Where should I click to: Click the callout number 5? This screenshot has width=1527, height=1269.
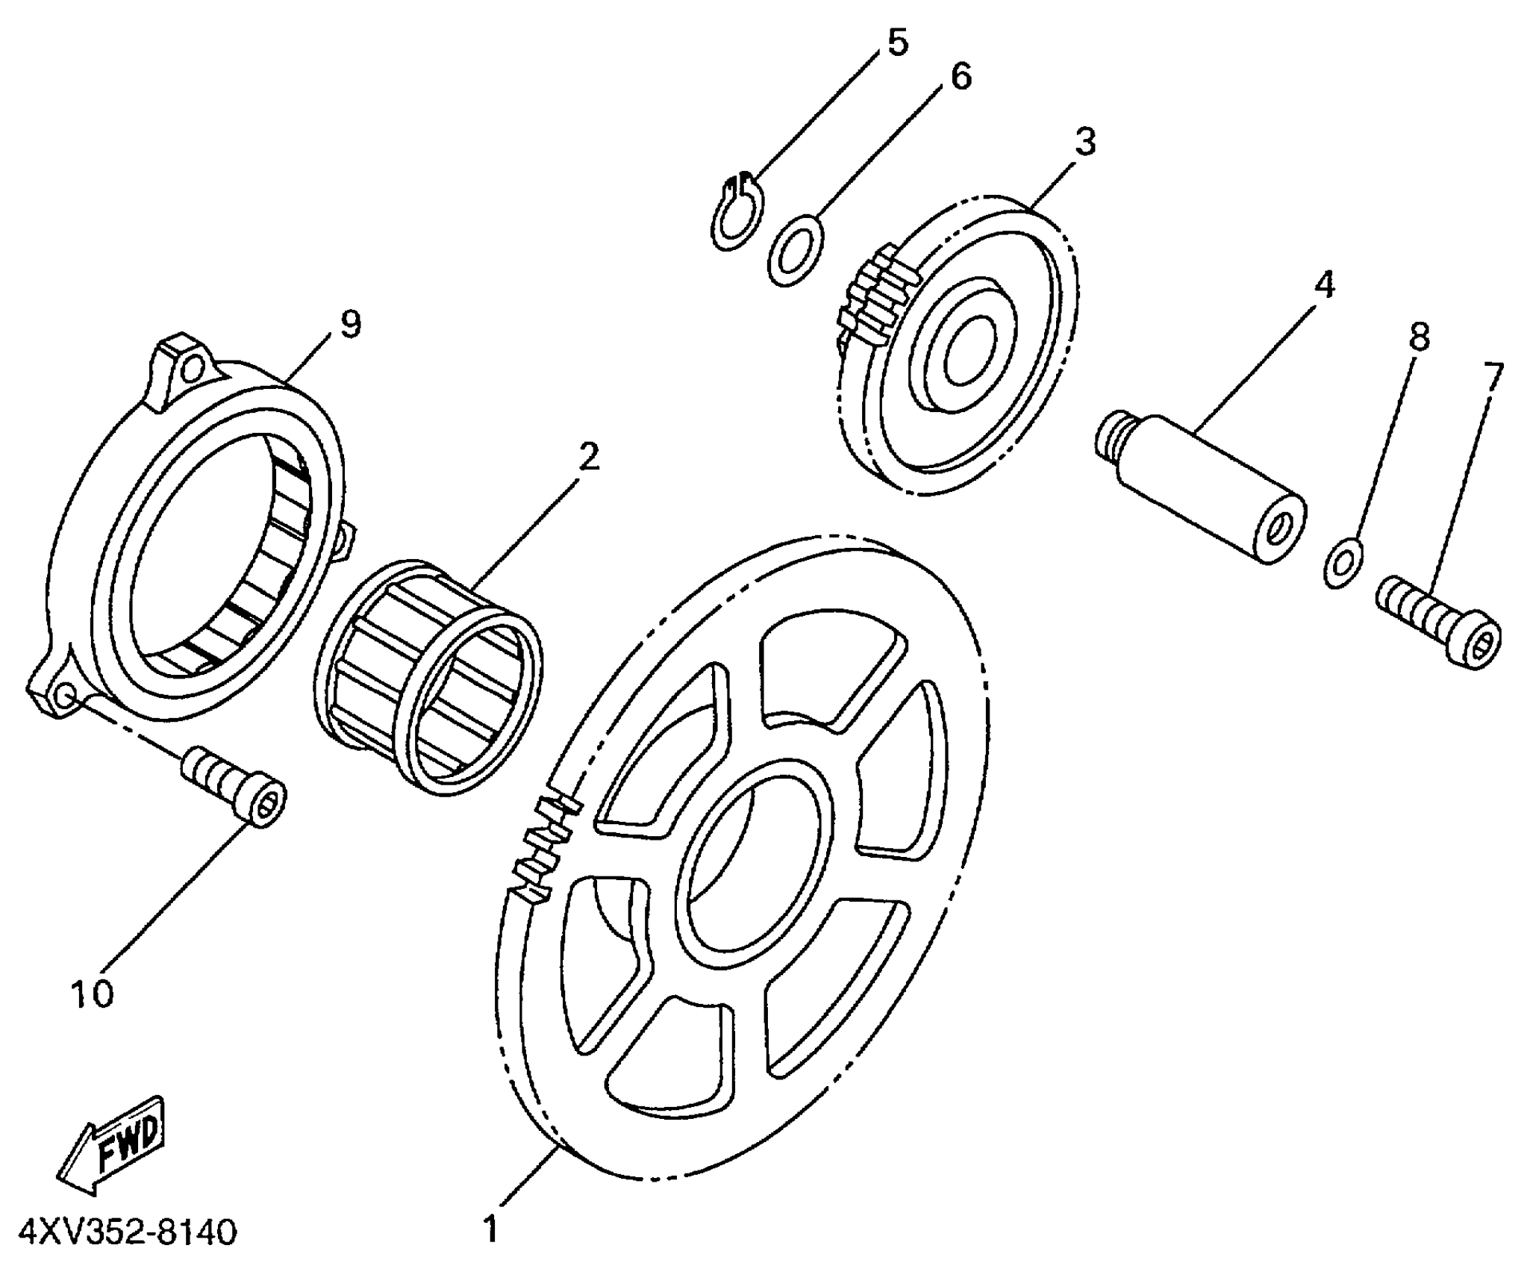click(x=896, y=43)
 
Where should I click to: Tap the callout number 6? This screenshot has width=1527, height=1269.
click(x=960, y=76)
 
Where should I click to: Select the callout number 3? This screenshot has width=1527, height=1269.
click(x=1084, y=142)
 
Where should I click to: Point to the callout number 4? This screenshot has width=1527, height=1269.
click(x=1323, y=284)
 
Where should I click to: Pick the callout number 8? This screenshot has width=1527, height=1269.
click(x=1418, y=337)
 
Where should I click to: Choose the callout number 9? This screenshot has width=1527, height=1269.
click(x=350, y=325)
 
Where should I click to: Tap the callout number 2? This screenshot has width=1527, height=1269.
click(x=589, y=456)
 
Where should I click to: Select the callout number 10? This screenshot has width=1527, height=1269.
click(x=93, y=994)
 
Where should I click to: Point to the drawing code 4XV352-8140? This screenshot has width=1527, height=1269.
click(x=128, y=1232)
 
